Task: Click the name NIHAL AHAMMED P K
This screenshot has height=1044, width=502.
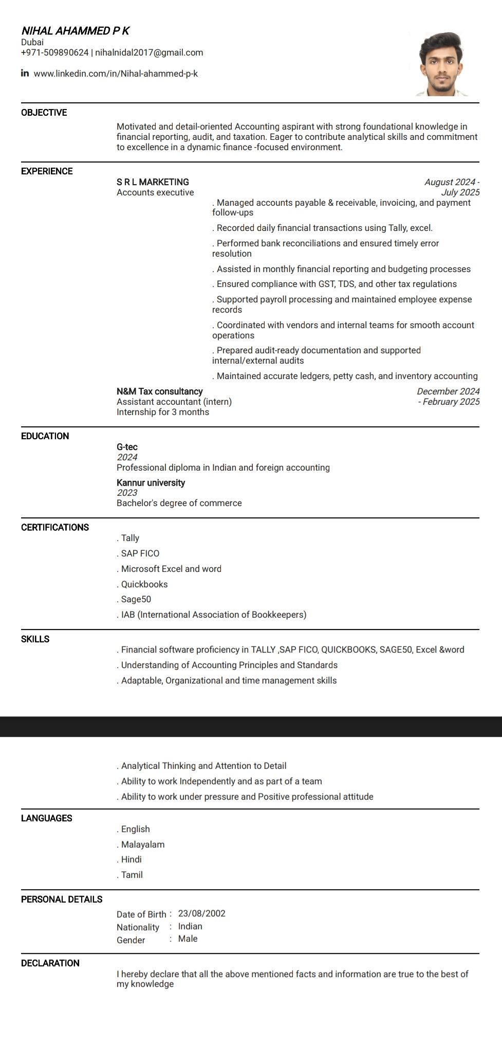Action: coord(75,31)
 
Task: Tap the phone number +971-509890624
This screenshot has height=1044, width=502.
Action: coord(54,52)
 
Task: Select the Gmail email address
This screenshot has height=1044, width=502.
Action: coord(149,52)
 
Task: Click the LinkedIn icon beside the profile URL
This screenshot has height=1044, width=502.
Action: coord(25,73)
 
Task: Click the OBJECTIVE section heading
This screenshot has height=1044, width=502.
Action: coord(44,113)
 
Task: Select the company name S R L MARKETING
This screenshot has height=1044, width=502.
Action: coord(153,182)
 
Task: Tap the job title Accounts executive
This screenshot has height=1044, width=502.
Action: coord(155,192)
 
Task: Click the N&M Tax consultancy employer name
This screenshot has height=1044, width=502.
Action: coord(159,391)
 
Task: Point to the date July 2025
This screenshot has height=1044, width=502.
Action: coord(460,192)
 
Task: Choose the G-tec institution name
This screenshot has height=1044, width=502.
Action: coord(127,447)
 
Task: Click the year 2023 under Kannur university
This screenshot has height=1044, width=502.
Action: coord(127,493)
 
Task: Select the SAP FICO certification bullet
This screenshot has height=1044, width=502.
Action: coord(140,553)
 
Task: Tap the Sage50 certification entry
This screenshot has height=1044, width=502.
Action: coord(136,599)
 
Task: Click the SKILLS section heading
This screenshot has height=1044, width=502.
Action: coord(35,639)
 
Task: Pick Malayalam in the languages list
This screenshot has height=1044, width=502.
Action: coord(142,844)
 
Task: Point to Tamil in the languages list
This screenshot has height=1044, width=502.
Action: coord(132,875)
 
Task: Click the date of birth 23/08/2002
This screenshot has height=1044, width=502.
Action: coord(201,913)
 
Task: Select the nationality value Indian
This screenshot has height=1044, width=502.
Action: coord(190,926)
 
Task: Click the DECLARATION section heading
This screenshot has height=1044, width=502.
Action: coord(50,963)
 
